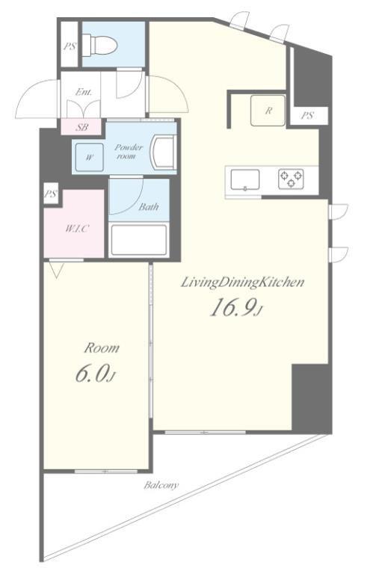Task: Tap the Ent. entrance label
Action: tap(84, 92)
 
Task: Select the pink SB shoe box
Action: tap(81, 127)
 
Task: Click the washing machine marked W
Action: tap(90, 158)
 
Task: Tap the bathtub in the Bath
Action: tap(139, 240)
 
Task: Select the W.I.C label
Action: tap(77, 229)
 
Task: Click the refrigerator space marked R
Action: tap(268, 111)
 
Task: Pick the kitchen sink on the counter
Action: tap(245, 180)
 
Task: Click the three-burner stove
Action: tap(291, 179)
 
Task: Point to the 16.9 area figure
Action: tap(236, 307)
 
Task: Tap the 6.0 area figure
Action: tap(95, 374)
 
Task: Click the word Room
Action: tap(102, 348)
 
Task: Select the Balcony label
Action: tap(161, 485)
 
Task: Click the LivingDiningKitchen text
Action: tap(243, 283)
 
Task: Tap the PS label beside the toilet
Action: tap(70, 46)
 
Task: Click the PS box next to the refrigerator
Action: tap(308, 116)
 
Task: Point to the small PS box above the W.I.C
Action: tap(51, 194)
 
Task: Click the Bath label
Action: tap(148, 207)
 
